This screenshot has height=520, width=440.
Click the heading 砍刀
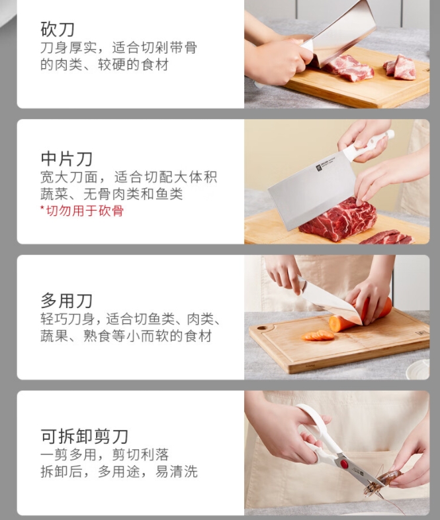coord(58,29)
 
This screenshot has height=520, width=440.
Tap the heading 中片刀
coord(66,159)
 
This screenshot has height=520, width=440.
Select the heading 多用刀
coord(66,301)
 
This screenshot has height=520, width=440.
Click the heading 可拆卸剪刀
coord(84,436)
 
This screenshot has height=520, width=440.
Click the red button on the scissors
coord(345,464)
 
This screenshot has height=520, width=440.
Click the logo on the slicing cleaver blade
coord(319,167)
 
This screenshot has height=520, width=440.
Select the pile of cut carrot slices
coord(318,335)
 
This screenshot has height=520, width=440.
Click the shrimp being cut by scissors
coord(384,482)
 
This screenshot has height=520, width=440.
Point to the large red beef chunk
coord(338,219)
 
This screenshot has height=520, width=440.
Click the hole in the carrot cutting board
coord(262,329)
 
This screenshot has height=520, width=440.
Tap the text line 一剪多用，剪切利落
coord(105,454)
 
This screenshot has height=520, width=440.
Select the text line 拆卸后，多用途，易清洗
coord(119,471)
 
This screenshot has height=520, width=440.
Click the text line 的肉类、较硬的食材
coord(105,64)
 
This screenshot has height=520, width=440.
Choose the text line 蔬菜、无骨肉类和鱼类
coord(112,194)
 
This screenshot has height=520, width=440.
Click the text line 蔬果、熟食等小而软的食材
coord(126,336)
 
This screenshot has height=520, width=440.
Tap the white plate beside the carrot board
coord(418,369)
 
